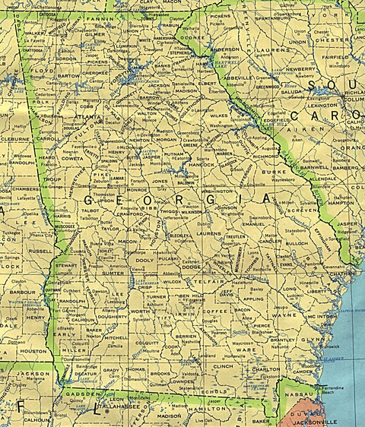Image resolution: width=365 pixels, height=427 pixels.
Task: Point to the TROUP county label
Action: (52, 179)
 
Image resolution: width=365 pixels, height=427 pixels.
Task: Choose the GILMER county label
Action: (95, 34)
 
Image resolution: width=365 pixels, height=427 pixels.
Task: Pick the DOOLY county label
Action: (144, 260)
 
